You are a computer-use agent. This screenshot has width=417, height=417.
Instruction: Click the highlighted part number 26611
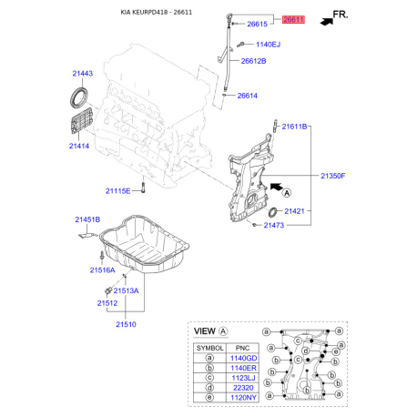coord(293,19)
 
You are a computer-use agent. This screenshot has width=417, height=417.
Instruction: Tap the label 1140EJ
coord(269,44)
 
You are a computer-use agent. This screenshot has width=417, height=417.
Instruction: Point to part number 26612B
coord(253,61)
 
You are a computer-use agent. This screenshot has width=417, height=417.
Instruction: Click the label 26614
coord(249,96)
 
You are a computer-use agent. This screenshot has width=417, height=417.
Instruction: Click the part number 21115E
coord(118,190)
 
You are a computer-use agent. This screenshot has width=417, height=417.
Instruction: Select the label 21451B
coord(88,219)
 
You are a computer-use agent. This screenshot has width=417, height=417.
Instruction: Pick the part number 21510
coord(126,323)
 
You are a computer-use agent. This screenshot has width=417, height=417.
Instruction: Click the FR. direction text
coord(341,15)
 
